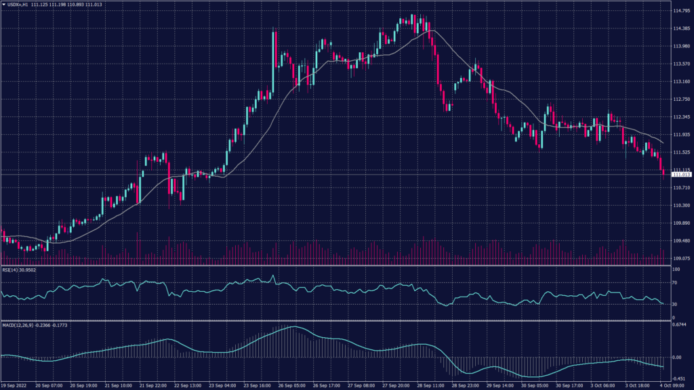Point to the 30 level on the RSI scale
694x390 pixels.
coord(675,305)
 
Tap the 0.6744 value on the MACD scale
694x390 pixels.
coord(679,324)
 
